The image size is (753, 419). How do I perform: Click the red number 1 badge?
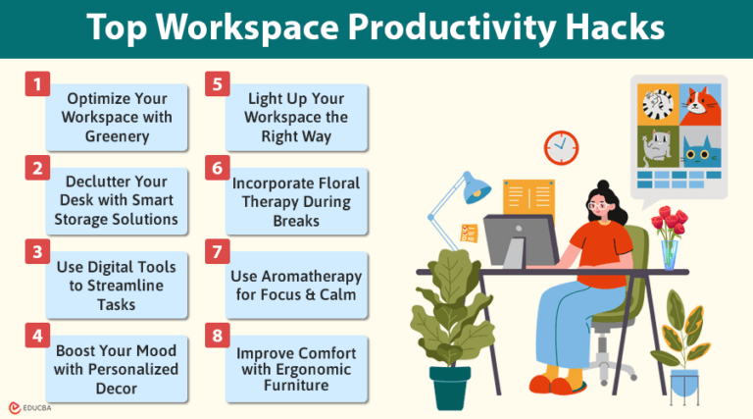tap(36, 84)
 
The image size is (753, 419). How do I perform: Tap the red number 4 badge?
tap(36, 335)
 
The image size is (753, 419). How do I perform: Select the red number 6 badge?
tap(217, 168)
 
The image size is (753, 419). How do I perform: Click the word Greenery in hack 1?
tap(118, 136)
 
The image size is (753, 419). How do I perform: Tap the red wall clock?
tap(561, 147)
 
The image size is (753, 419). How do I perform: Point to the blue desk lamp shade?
tap(477, 185)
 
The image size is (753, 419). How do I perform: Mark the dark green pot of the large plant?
tap(450, 389)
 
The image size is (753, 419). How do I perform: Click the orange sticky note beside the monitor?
tap(468, 233)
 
